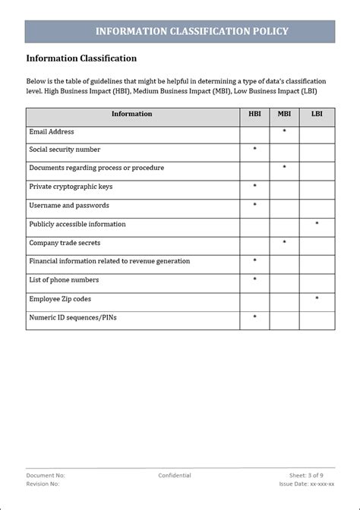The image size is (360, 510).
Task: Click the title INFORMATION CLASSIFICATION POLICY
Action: [x=192, y=31]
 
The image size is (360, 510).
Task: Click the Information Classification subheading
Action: [x=81, y=58]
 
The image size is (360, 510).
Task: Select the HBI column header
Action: [x=254, y=115]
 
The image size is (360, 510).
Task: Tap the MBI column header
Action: [x=284, y=115]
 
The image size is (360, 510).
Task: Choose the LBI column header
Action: [x=316, y=115]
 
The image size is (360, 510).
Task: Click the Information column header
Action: [x=132, y=115]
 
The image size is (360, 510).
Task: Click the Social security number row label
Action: [x=65, y=150]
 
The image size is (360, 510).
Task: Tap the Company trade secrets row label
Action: [x=65, y=243]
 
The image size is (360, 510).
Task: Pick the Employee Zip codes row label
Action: [x=61, y=299]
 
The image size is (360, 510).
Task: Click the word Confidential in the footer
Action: [x=175, y=476]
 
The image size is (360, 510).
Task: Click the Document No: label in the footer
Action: [x=46, y=476]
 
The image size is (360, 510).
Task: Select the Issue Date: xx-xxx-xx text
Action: [x=306, y=483]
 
